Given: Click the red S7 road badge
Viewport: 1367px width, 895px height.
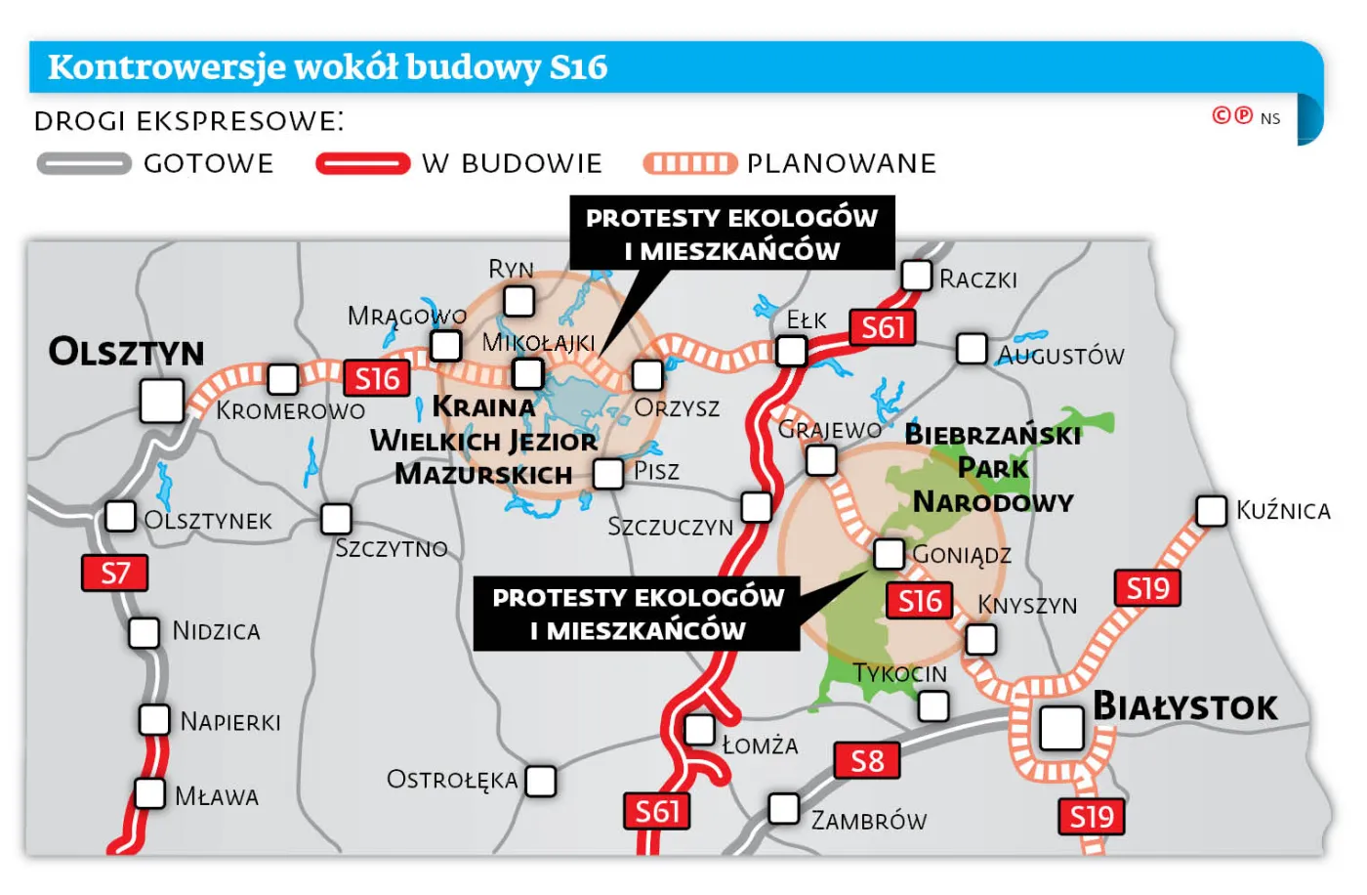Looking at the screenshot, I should [115, 574].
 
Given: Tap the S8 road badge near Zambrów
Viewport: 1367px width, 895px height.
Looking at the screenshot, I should [866, 760].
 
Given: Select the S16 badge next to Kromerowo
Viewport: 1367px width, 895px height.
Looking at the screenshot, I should [376, 378].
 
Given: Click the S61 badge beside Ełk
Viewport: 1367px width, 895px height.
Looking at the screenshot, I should [883, 327].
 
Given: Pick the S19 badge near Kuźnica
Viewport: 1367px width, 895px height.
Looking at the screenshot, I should [1147, 588].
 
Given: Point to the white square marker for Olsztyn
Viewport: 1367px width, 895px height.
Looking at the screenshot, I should [162, 402].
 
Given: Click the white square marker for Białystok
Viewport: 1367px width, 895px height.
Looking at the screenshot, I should [1061, 728].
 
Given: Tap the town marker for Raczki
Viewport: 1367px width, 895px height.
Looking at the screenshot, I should [916, 276].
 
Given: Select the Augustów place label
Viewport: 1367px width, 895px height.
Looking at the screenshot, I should [1060, 356].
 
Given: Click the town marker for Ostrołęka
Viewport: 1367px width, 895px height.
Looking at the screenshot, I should [540, 781].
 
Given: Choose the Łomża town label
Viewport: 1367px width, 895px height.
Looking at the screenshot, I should [760, 746].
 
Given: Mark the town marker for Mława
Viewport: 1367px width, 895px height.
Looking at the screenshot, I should [149, 793].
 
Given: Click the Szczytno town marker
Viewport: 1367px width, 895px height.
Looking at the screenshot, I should [336, 518].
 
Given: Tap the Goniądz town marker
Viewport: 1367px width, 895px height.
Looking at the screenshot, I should [889, 553].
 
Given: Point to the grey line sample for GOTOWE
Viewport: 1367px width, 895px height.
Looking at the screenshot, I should [84, 163].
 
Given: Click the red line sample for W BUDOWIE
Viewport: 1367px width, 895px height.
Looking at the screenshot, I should [363, 163].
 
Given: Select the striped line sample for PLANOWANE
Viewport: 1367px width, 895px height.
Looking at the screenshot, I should [689, 163].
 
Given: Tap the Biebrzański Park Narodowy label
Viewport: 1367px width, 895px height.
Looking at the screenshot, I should [993, 468].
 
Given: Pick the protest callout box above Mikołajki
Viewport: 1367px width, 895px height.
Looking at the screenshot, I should [732, 234].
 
